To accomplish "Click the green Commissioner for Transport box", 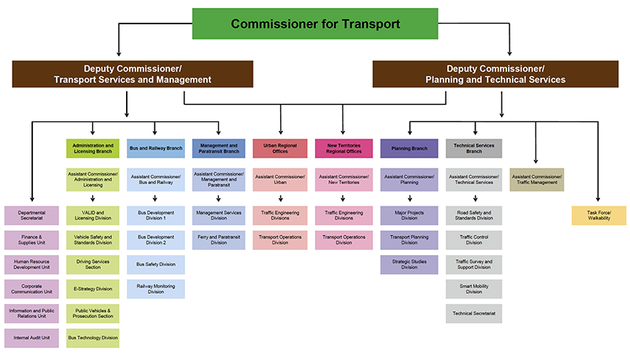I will tap(314, 24).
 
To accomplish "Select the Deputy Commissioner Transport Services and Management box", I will tap(132, 74).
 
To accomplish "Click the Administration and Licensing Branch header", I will tap(92, 149).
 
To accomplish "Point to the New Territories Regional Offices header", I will tap(343, 149).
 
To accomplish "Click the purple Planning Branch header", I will tap(409, 149).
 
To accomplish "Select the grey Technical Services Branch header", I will tap(473, 149).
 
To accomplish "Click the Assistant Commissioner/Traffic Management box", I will tap(536, 180).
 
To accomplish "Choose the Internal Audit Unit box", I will tap(32, 338).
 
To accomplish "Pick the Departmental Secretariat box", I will tap(32, 216).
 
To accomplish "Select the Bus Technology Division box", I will tap(92, 338).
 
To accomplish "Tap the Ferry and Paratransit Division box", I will tap(218, 240).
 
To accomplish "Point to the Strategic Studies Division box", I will tap(409, 265).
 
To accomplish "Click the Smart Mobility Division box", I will tap(473, 288).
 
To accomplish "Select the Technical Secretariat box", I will tap(473, 313).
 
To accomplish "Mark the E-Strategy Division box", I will tap(92, 288).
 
